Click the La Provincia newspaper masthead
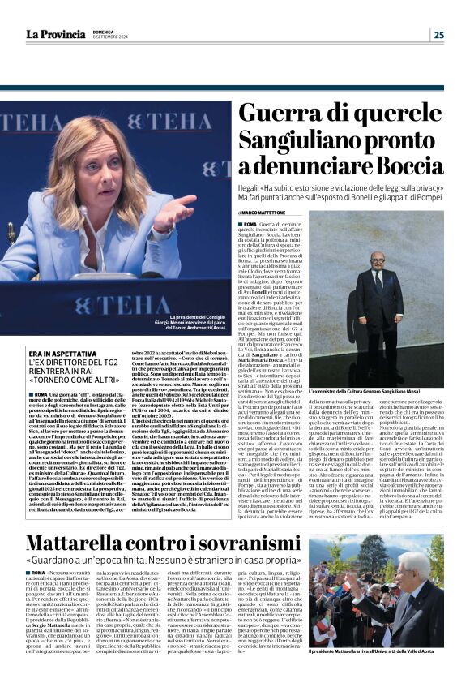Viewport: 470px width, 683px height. pos(54,34)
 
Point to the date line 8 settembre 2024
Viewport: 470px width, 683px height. pos(110,37)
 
